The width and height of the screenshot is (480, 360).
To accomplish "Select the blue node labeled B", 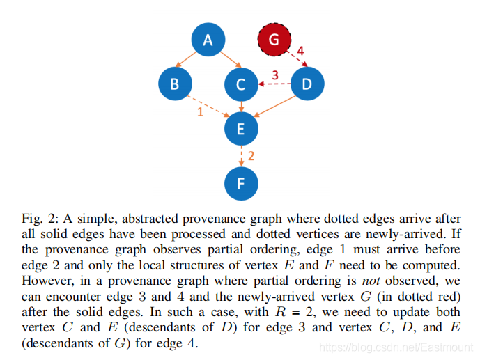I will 175,84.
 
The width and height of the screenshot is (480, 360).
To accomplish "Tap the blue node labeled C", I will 241,85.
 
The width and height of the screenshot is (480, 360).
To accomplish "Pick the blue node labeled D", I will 307,84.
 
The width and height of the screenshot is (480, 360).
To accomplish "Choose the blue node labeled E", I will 241,128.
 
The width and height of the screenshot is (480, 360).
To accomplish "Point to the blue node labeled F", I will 241,184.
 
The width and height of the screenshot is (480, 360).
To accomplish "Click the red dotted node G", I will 274,40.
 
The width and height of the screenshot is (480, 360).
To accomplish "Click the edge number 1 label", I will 200,111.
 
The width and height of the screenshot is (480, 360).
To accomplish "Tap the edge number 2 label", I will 251,156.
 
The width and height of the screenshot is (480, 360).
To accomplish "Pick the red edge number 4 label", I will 300,52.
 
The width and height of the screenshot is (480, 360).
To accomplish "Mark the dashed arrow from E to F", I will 241,156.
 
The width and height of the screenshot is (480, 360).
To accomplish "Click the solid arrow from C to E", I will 241,107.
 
